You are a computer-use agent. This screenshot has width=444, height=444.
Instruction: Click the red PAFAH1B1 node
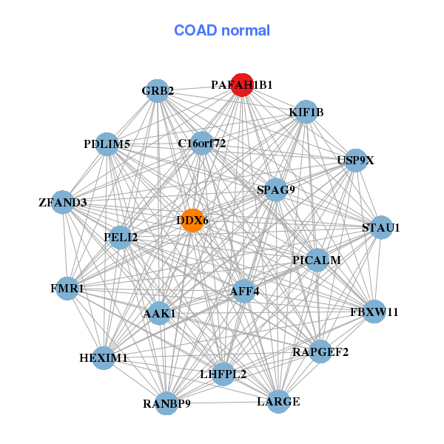tap(241, 84)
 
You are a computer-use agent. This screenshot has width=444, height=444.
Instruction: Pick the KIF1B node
tap(306, 112)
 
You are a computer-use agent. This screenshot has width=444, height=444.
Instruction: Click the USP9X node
tap(356, 160)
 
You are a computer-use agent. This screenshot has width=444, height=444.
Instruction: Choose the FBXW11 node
tap(374, 312)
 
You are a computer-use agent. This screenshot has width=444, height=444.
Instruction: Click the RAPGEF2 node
tap(320, 351)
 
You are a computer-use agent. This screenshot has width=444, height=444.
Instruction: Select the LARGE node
tap(278, 402)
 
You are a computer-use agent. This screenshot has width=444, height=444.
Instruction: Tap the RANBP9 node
tap(167, 403)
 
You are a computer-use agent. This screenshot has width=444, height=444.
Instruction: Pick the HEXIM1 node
tap(104, 358)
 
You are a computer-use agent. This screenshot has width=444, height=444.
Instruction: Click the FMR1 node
tap(68, 288)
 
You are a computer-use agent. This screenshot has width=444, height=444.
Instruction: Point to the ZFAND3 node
tap(63, 202)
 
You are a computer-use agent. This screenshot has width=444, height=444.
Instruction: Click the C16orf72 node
tap(201, 143)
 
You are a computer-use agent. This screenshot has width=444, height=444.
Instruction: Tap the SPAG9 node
tap(275, 189)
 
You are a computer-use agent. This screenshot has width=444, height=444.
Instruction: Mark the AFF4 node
tap(245, 291)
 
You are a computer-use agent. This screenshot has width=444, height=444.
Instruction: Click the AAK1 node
tap(158, 314)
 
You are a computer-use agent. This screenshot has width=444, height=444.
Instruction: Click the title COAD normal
tap(222, 31)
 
